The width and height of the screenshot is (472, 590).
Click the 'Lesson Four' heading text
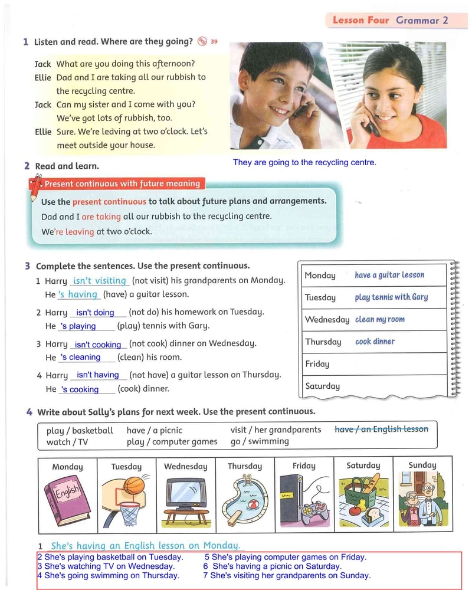360,20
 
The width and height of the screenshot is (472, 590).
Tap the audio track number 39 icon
203,41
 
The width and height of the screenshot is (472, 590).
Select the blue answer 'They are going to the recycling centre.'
304,162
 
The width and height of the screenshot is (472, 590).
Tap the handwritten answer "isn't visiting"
99,281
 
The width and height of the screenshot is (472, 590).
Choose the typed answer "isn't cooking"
98,345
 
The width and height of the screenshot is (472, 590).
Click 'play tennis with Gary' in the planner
391,297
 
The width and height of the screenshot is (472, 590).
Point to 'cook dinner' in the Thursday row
375,342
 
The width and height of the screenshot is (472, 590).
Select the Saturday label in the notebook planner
322,386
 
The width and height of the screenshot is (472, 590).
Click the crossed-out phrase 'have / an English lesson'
381,429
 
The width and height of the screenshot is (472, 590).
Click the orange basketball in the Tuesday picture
134,485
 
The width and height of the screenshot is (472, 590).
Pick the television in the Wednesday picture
186,496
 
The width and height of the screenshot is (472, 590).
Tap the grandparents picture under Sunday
422,499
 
